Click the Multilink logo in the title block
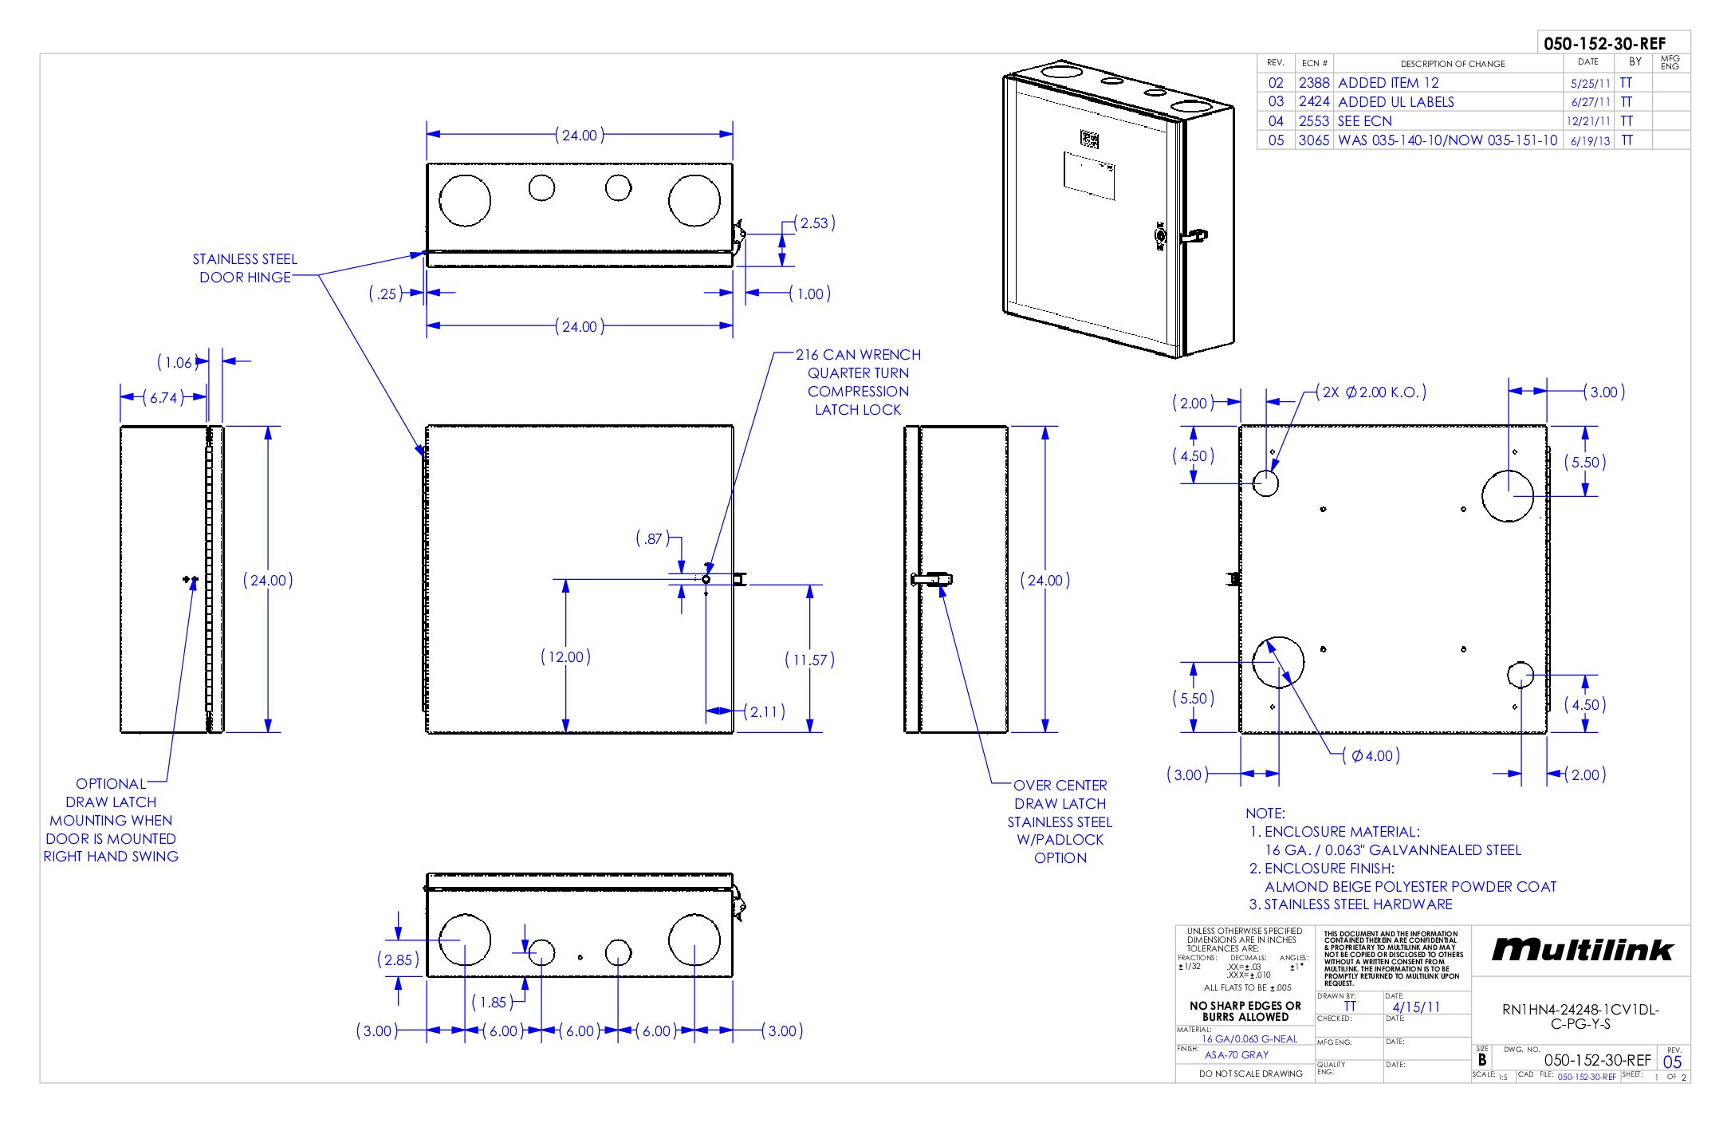1582,950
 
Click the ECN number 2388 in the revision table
1313,83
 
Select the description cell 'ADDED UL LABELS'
1395,102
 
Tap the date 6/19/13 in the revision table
1590,141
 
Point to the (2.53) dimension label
814,223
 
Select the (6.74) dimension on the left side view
163,397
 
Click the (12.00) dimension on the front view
565,656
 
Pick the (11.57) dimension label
809,660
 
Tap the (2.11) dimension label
764,711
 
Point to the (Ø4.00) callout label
1371,755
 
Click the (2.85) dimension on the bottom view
398,959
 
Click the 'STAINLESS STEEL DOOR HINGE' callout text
245,268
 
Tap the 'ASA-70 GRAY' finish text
1236,1054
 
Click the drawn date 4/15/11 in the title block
1416,1007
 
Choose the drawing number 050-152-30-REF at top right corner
1604,44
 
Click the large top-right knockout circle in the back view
1507,495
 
